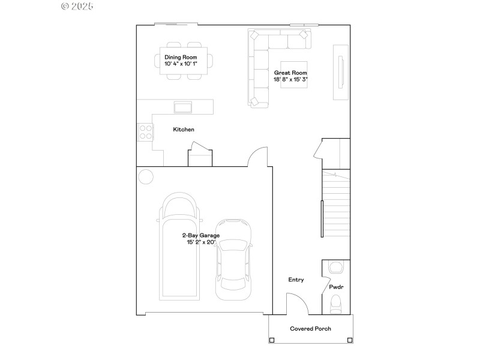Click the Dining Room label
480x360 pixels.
pyautogui.click(x=181, y=57)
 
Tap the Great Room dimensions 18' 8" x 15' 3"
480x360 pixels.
pyautogui.click(x=291, y=79)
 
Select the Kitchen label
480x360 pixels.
pyautogui.click(x=184, y=130)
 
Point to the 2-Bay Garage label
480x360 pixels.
pyautogui.click(x=202, y=236)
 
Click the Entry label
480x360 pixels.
pyautogui.click(x=296, y=280)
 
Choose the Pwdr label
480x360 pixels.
pyautogui.click(x=336, y=287)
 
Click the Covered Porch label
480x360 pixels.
pyautogui.click(x=310, y=329)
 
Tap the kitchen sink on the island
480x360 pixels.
pyautogui.click(x=183, y=107)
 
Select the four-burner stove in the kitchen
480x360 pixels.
pyautogui.click(x=145, y=131)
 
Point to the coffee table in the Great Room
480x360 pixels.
pyautogui.click(x=294, y=75)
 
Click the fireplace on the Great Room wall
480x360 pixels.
pyautogui.click(x=341, y=72)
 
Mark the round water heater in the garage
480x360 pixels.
pyautogui.click(x=146, y=176)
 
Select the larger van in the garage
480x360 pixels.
pyautogui.click(x=179, y=246)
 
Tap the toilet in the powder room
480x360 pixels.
pyautogui.click(x=335, y=304)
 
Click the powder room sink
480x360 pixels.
pyautogui.click(x=336, y=266)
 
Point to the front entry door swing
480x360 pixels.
pyautogui.click(x=297, y=303)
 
